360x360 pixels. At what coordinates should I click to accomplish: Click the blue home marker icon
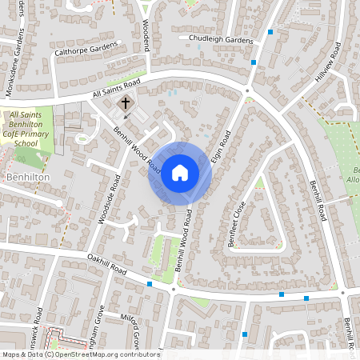pyautogui.click(x=180, y=171)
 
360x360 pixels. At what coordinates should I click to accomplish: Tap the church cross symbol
pyautogui.click(x=125, y=104)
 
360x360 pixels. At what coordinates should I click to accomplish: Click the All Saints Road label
pyautogui.click(x=116, y=89)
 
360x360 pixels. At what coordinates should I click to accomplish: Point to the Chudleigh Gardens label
pyautogui.click(x=222, y=40)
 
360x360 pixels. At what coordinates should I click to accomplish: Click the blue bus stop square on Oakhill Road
pyautogui.click(x=150, y=284)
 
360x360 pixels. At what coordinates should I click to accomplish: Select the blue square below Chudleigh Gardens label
pyautogui.click(x=254, y=62)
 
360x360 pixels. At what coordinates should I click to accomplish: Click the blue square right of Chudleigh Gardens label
pyautogui.click(x=271, y=32)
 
